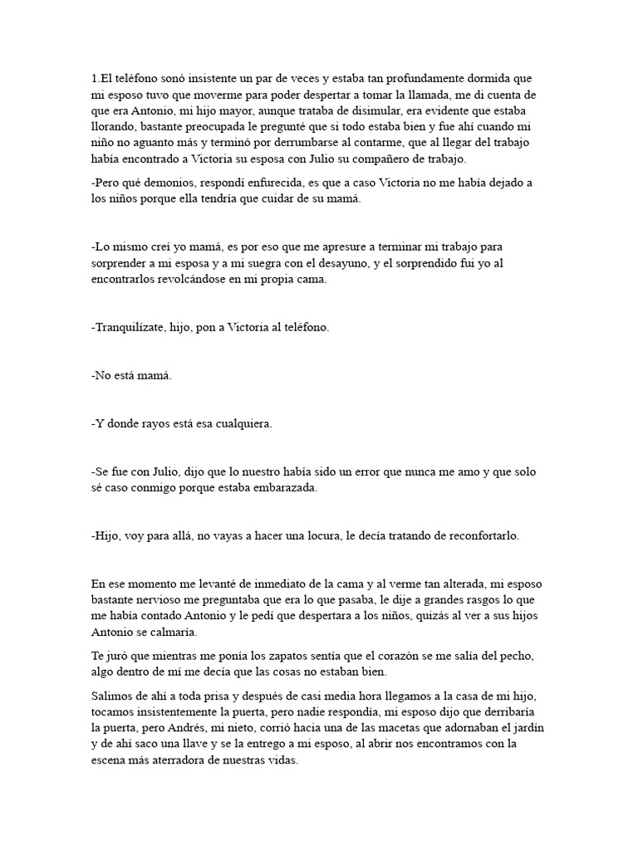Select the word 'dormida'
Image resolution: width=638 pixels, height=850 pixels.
487,79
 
